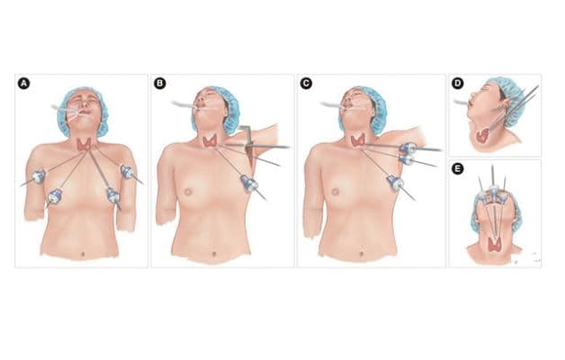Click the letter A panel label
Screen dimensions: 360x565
[23, 84]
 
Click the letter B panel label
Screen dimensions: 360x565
[160, 84]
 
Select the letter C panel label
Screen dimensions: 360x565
[306, 84]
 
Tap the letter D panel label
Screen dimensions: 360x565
[457, 84]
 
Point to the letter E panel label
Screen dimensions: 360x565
[457, 168]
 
